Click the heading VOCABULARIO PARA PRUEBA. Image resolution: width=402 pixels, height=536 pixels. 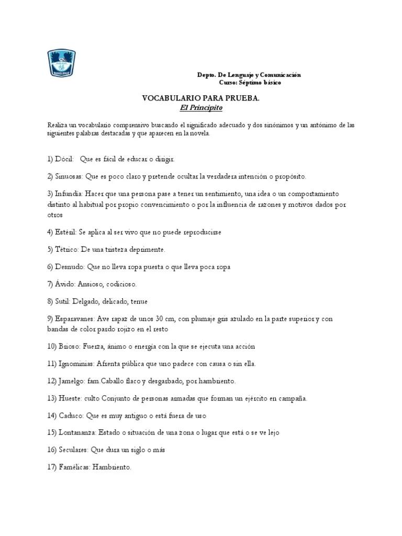[201, 98]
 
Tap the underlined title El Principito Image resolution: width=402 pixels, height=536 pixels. [201, 108]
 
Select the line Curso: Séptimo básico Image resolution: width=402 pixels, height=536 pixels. [249, 83]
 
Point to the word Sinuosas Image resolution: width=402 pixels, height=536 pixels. [69, 176]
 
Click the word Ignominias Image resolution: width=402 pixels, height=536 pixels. [76, 364]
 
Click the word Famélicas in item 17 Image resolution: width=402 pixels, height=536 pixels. [74, 467]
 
